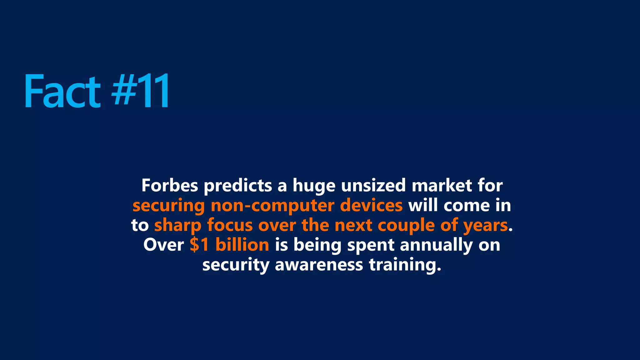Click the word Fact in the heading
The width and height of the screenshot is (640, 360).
[62, 91]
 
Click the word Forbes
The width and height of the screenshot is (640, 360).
[170, 185]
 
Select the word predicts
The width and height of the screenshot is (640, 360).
[238, 186]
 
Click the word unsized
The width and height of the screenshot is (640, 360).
[373, 186]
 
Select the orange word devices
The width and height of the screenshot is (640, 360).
[371, 206]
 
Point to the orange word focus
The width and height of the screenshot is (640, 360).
[230, 225]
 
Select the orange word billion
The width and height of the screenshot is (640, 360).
[242, 245]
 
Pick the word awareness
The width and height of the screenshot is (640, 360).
[319, 265]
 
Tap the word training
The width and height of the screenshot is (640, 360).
[405, 265]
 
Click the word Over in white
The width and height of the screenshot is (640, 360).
[164, 245]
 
